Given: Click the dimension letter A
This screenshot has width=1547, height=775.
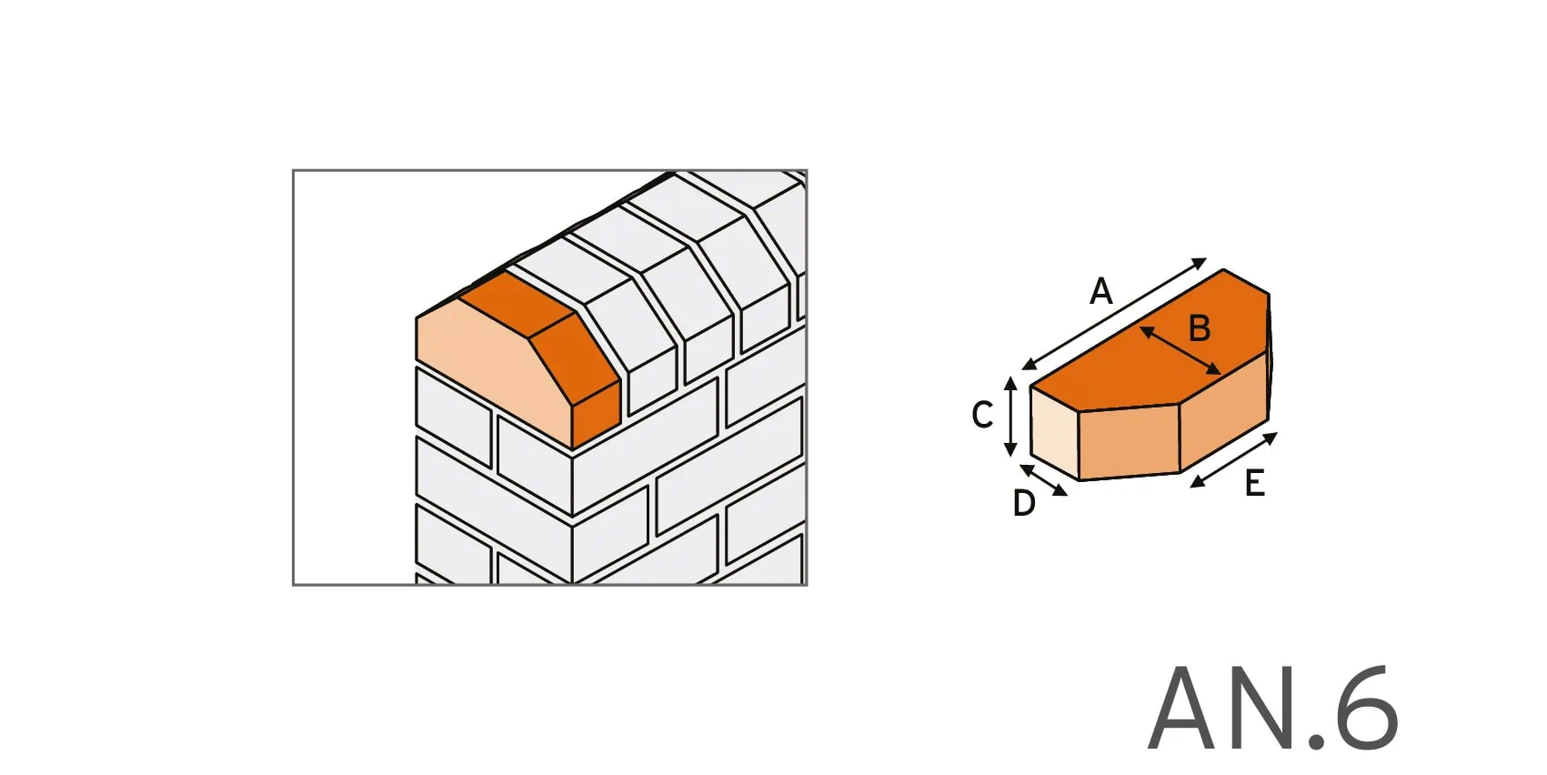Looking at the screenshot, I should [x=1101, y=292].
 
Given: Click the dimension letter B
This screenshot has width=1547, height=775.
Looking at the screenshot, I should [x=1200, y=328].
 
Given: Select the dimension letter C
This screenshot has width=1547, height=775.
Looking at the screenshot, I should [x=982, y=415].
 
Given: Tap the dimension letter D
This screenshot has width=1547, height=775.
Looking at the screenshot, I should [x=1024, y=503].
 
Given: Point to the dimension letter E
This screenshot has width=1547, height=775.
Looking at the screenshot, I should [x=1254, y=483].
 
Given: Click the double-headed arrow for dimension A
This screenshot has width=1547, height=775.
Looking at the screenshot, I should [x=1114, y=314].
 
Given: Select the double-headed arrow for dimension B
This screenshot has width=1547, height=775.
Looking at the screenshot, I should [x=1180, y=351].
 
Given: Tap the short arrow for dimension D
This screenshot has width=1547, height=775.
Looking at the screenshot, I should [x=1044, y=480].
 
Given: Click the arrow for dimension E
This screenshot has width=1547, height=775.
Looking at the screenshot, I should [x=1234, y=460].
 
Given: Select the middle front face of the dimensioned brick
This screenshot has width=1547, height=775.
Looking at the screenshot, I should [x=1129, y=442].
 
